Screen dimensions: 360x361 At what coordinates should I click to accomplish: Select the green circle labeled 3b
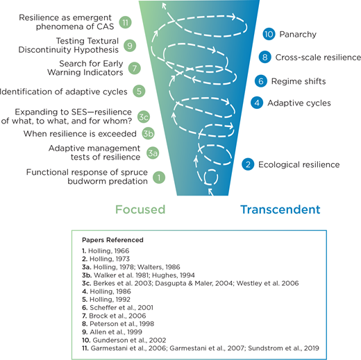(x=147, y=133)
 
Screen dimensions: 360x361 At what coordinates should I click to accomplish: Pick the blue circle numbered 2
(x=248, y=164)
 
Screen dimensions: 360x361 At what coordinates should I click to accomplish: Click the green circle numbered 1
(x=159, y=177)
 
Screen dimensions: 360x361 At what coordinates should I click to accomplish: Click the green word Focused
(x=140, y=209)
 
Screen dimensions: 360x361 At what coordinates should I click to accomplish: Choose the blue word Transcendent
(x=280, y=209)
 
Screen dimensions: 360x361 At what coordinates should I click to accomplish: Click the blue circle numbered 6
(x=260, y=80)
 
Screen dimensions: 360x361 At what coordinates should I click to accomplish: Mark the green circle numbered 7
(x=135, y=68)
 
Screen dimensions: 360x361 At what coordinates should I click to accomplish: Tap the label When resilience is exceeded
(x=78, y=133)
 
